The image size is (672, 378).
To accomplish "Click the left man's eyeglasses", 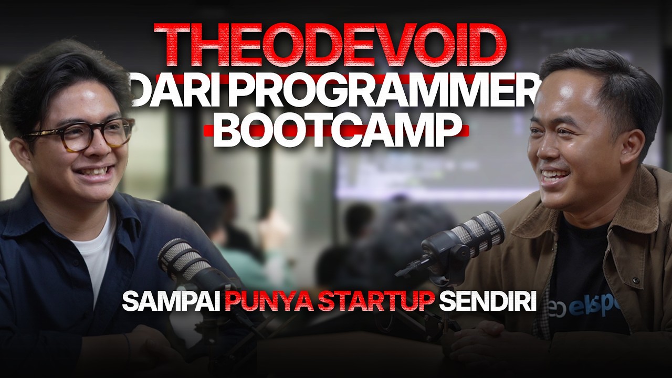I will pyautogui.click(x=79, y=134).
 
